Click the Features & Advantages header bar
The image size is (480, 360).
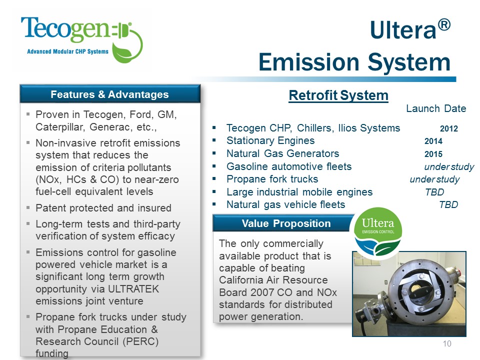[x=110, y=94]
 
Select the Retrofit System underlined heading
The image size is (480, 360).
[x=338, y=95]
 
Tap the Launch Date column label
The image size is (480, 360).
[x=436, y=108]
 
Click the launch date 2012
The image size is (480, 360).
[x=449, y=128]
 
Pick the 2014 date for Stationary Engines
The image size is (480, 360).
[x=433, y=141]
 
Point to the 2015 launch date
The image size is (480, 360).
[x=433, y=154]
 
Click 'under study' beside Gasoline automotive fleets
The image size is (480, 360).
[x=449, y=167]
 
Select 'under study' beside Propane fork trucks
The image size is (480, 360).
[x=434, y=179]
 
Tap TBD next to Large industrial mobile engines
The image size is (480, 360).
[x=434, y=192]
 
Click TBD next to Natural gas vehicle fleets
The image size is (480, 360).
[x=448, y=204]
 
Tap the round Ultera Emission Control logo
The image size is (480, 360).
[x=378, y=231]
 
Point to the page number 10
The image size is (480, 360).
[x=447, y=344]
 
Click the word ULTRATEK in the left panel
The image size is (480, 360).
[x=134, y=288]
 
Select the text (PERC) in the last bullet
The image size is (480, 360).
[x=140, y=341]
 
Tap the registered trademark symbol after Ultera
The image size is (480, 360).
[x=444, y=25]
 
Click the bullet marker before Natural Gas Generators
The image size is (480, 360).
[x=214, y=153]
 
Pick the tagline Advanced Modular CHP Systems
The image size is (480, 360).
[x=67, y=51]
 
